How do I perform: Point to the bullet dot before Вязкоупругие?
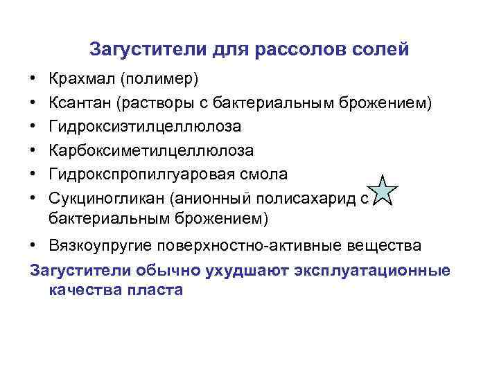pos(33,247)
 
